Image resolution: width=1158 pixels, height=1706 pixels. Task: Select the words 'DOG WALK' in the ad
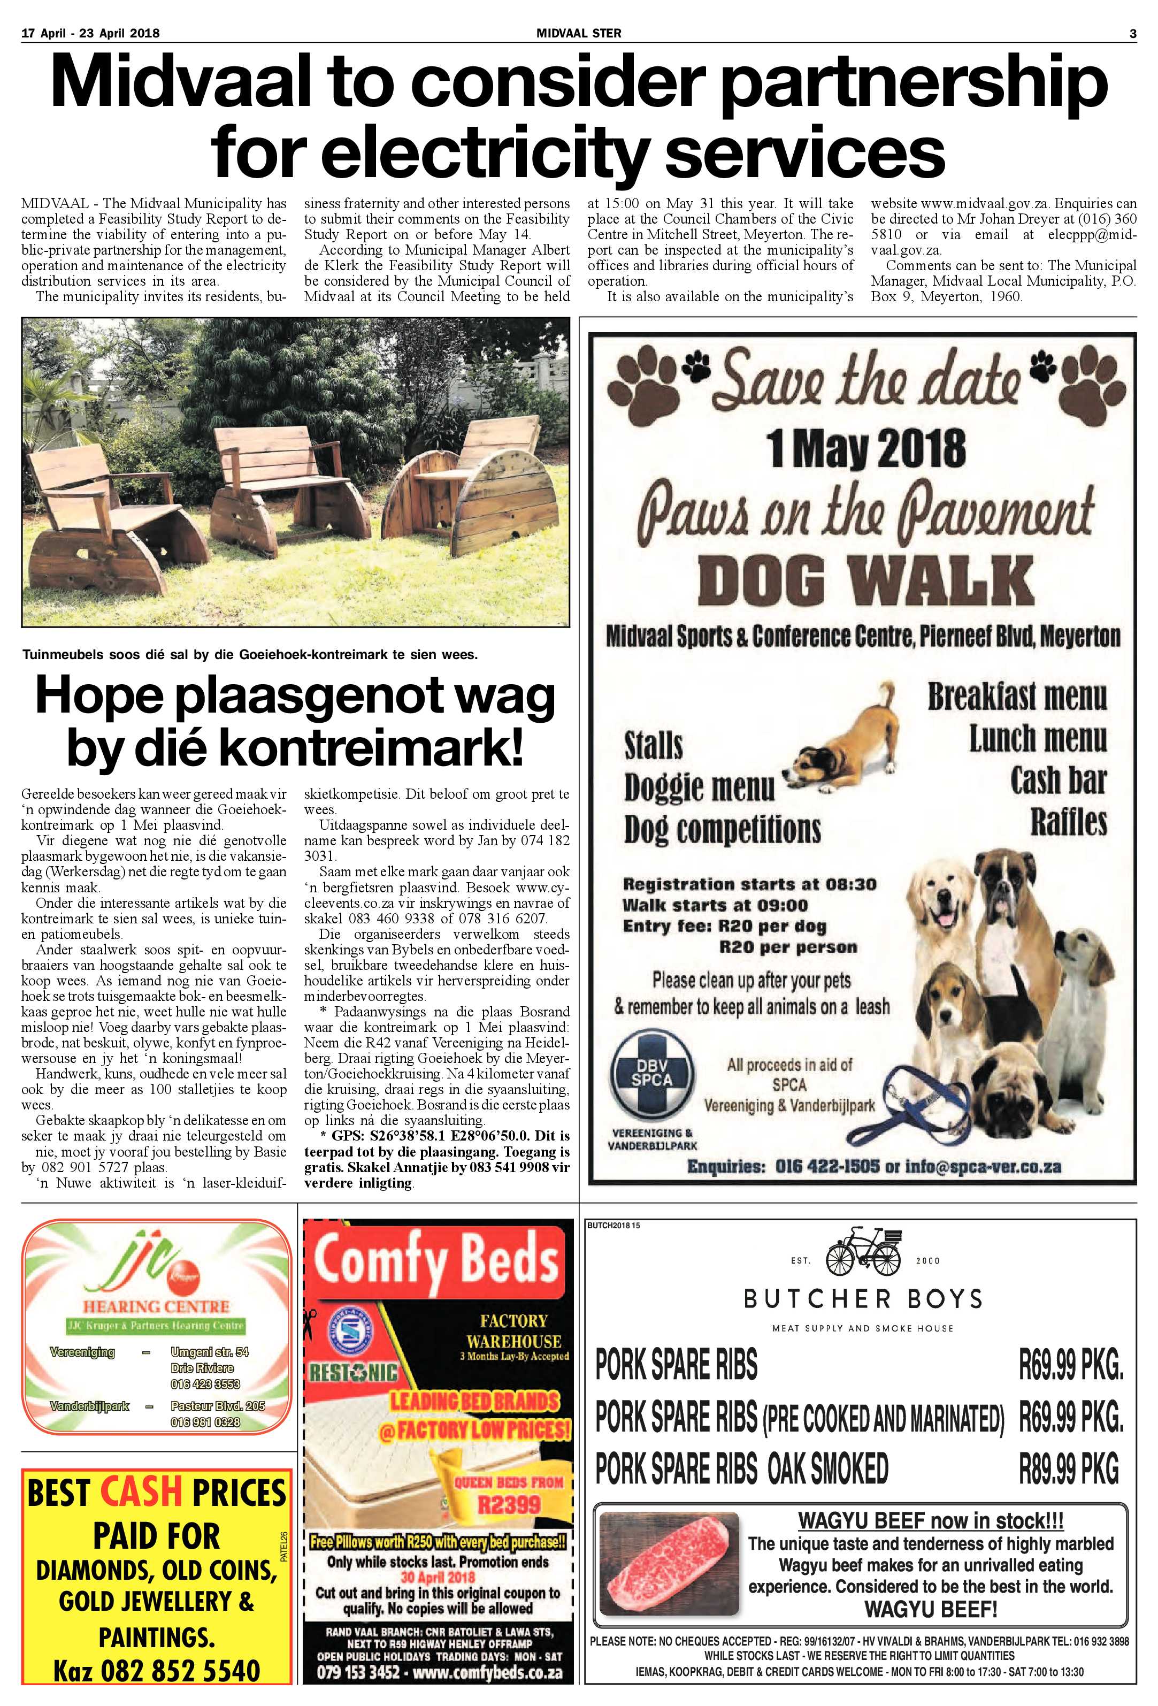point(865,579)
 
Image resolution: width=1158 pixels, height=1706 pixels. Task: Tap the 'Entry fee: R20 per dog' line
point(724,927)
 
